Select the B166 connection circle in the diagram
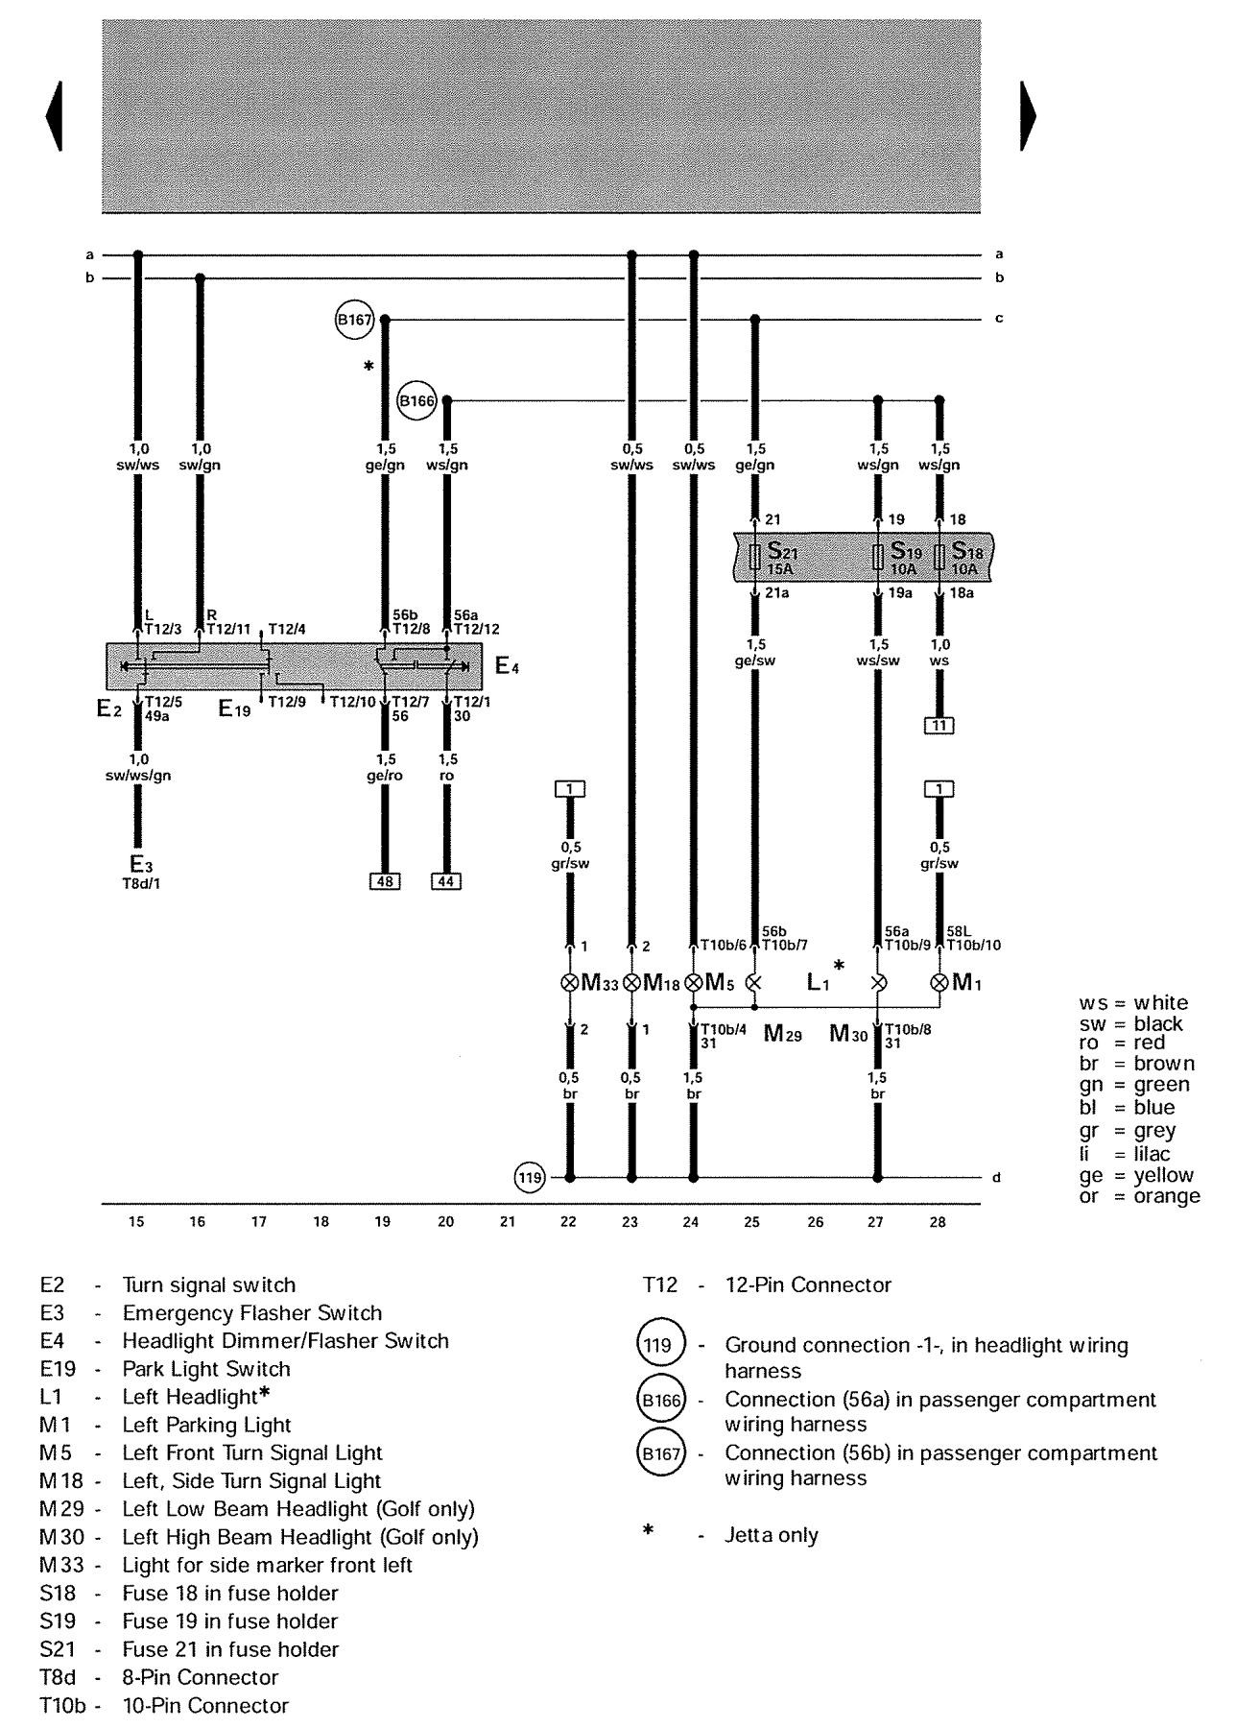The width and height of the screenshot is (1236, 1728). click(416, 401)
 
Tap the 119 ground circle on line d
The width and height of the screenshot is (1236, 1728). click(531, 1177)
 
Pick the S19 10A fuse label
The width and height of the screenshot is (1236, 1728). click(904, 558)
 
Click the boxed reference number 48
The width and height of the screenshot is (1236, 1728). click(385, 880)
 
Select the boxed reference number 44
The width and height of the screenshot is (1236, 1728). click(446, 880)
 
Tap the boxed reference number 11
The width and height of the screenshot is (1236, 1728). click(939, 725)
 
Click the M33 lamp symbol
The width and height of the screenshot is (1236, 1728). click(569, 983)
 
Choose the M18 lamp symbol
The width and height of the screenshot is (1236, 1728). click(631, 983)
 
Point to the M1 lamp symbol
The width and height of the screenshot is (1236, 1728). click(939, 983)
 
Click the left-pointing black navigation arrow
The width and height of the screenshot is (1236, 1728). click(54, 116)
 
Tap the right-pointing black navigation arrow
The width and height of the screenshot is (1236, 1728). click(1028, 116)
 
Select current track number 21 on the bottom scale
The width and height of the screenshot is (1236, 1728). click(508, 1222)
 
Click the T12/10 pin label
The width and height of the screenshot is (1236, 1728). click(352, 702)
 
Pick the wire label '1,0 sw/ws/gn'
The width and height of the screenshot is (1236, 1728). click(138, 768)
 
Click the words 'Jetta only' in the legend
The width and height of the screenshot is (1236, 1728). click(771, 1535)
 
